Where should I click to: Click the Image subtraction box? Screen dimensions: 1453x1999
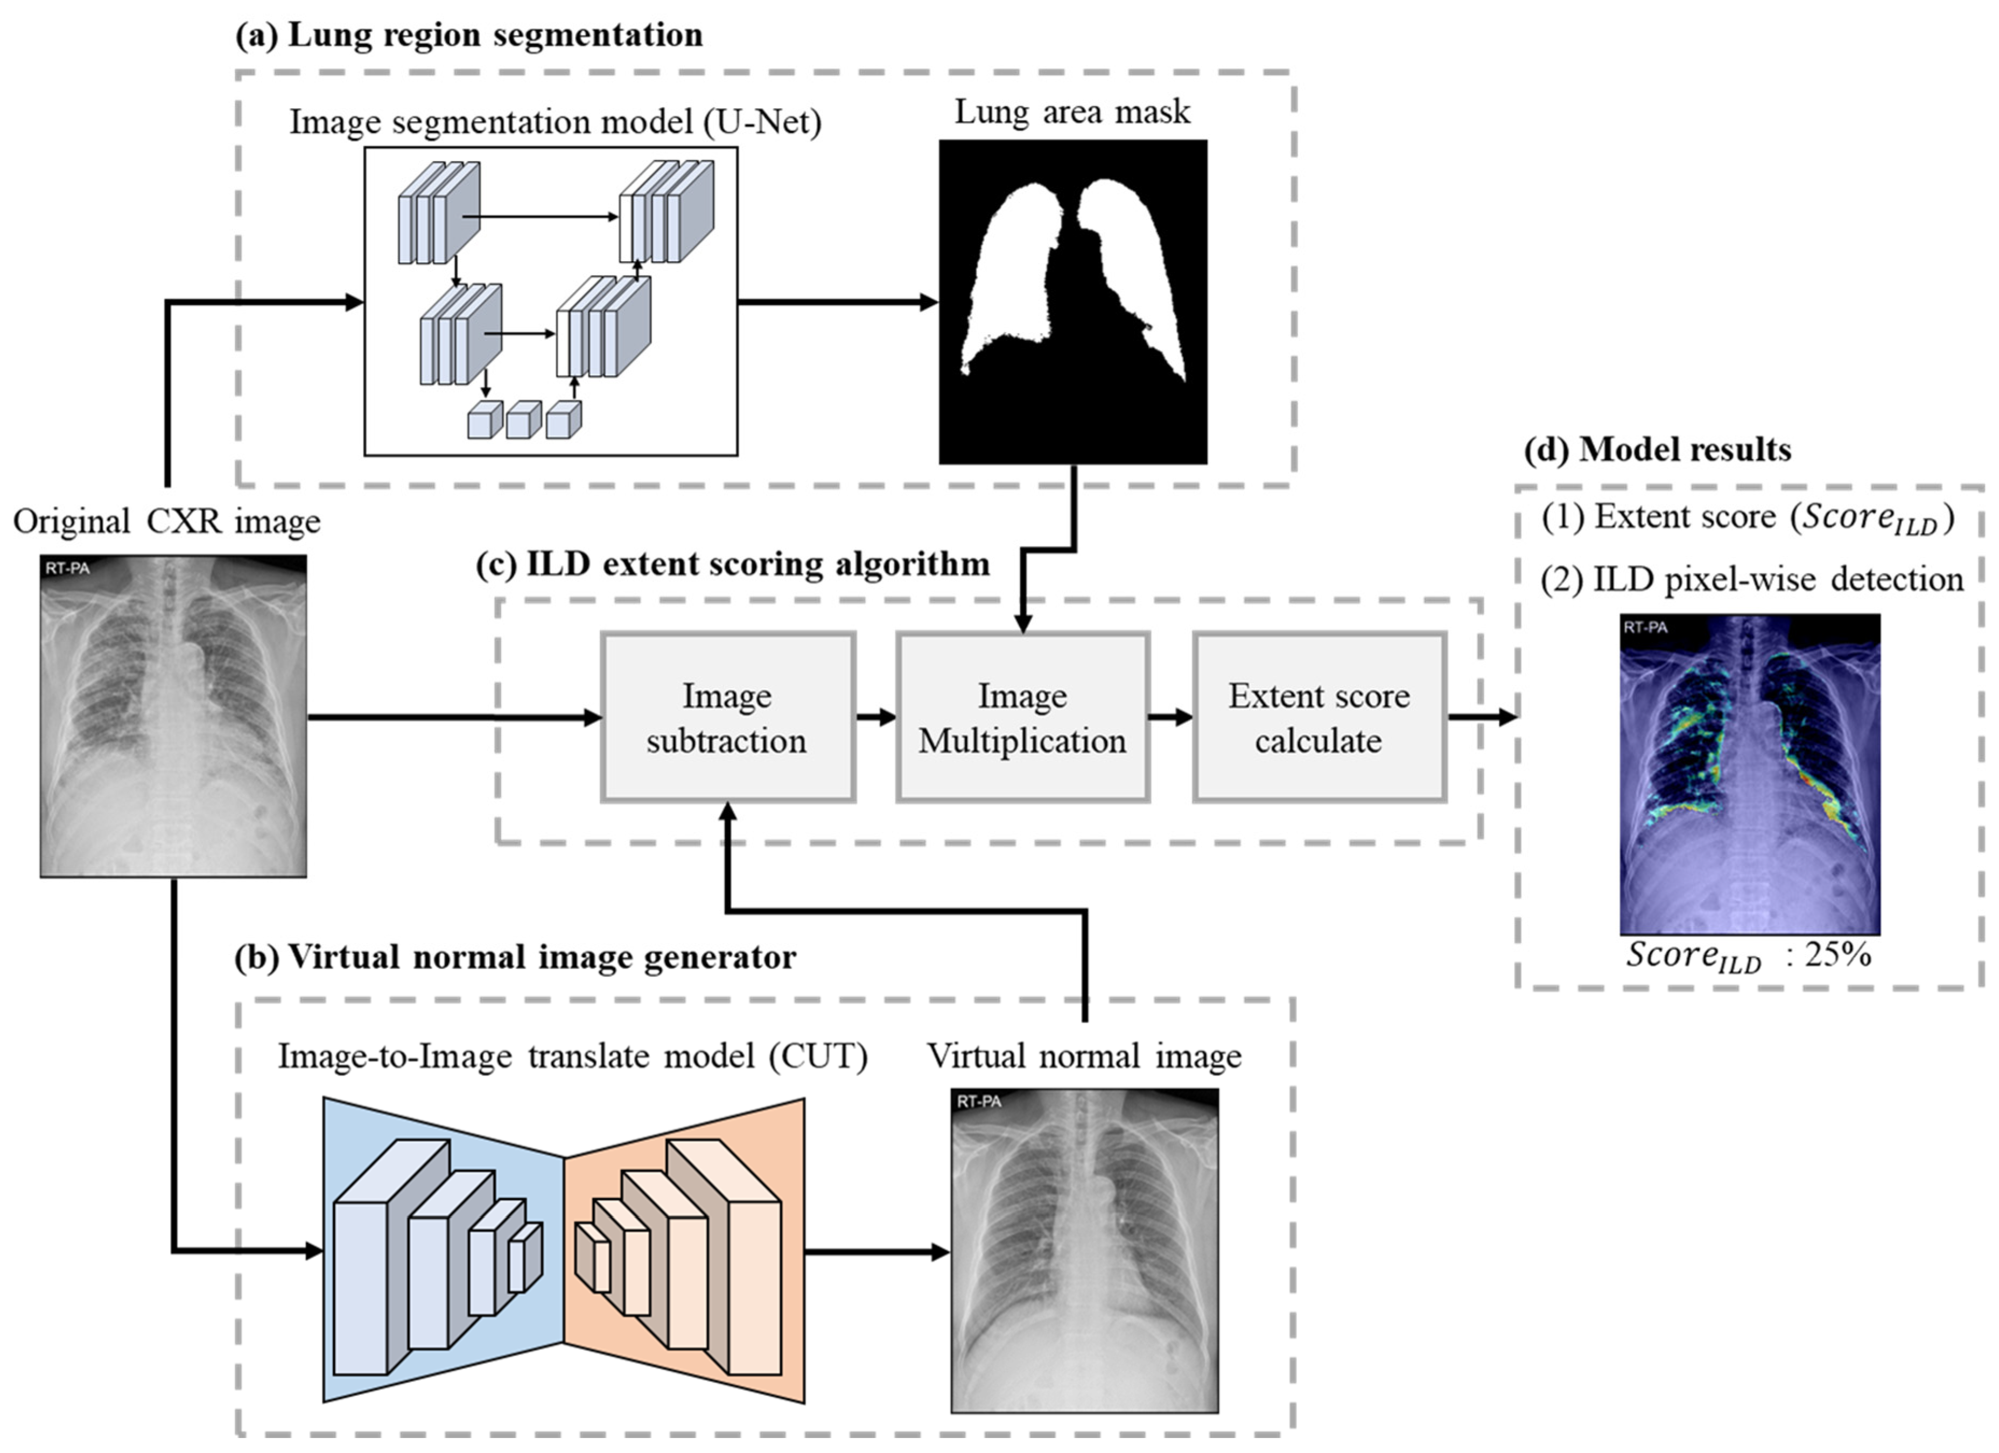coord(727,717)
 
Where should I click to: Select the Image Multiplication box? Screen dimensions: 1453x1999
coord(1022,717)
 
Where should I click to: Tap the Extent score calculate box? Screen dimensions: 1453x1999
coord(1318,717)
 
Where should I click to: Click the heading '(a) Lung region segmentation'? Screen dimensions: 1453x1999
coord(469,35)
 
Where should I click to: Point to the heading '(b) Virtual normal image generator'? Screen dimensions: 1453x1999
coord(516,956)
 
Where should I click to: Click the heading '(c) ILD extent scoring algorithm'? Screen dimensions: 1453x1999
coord(732,564)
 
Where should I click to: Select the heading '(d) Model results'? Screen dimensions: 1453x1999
coord(1657,450)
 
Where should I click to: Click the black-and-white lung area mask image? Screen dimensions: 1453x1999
coord(1072,301)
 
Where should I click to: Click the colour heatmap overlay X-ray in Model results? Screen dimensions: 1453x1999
coord(1750,774)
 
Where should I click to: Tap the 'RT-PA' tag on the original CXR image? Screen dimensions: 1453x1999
coord(68,568)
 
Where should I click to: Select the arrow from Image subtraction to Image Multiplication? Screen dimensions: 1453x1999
coord(875,717)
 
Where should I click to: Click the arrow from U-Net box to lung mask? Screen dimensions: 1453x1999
coord(837,302)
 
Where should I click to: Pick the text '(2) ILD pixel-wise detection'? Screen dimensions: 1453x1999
coord(1752,580)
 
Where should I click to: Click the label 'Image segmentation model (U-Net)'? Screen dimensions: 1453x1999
coord(555,122)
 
